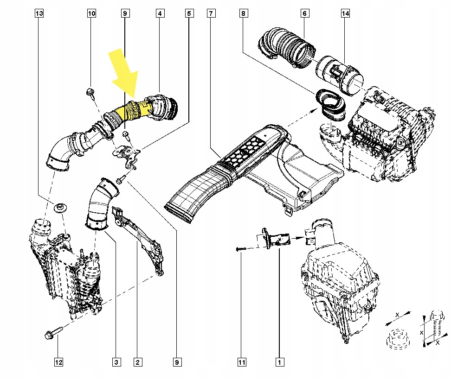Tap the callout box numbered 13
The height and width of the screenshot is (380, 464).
click(x=39, y=14)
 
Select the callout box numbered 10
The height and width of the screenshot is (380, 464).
click(x=92, y=14)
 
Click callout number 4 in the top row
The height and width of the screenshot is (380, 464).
click(x=159, y=14)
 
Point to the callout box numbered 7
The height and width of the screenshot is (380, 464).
click(x=211, y=14)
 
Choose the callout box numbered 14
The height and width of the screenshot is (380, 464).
click(x=345, y=14)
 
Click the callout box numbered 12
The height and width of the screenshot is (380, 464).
click(x=58, y=361)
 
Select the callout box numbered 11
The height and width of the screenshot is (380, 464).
click(x=241, y=361)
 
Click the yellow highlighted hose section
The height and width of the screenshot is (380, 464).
click(x=128, y=112)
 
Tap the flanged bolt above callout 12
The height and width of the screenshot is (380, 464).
click(x=52, y=334)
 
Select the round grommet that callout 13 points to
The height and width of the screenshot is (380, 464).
click(x=60, y=208)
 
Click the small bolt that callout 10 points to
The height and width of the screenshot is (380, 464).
click(x=91, y=93)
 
